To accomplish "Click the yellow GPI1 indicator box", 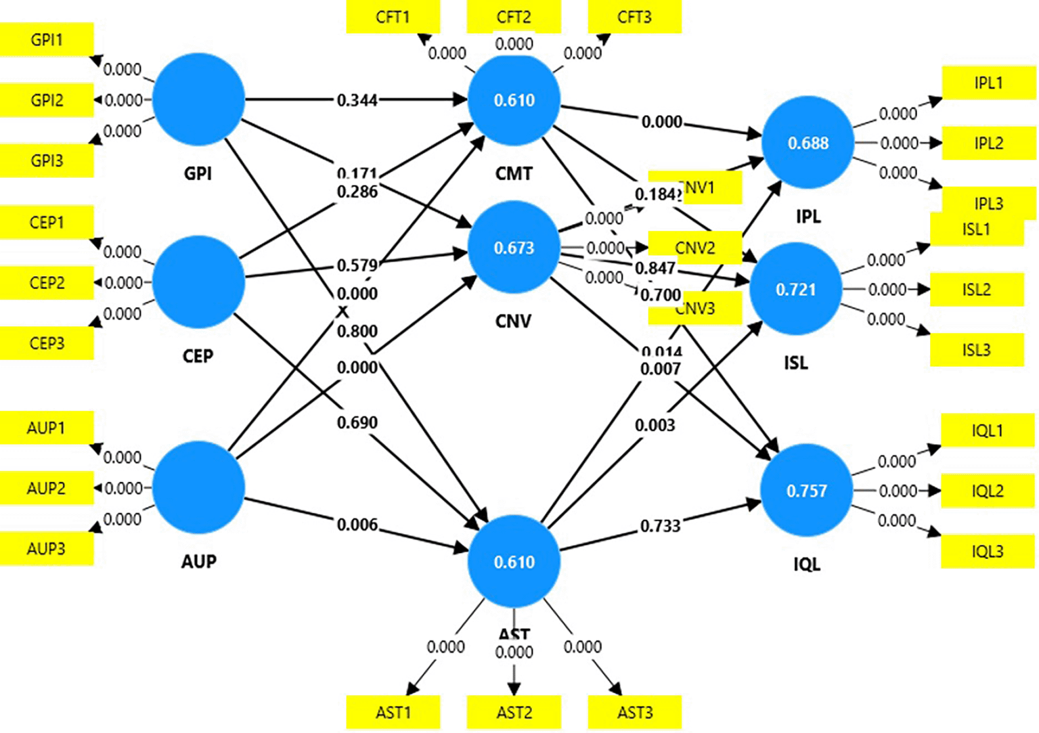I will (x=46, y=40).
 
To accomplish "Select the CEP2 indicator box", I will (x=46, y=282).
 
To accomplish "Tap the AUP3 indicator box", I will (x=46, y=548).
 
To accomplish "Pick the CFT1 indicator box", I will (x=393, y=17).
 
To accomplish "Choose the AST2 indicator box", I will (x=514, y=712).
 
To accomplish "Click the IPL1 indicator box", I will (x=988, y=83).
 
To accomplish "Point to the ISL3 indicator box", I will (x=976, y=350).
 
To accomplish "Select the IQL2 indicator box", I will (x=988, y=491).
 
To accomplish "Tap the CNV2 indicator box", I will (x=695, y=248).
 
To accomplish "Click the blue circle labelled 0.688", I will (x=808, y=143).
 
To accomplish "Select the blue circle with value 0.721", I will (x=796, y=290).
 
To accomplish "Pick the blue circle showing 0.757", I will (x=806, y=491).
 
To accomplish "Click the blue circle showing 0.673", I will (x=514, y=248).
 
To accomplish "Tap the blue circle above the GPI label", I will (x=198, y=100).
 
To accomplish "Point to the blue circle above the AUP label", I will (x=198, y=487).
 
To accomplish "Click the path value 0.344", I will (x=357, y=101).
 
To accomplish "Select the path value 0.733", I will (x=660, y=526).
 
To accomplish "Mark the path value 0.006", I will (x=357, y=525).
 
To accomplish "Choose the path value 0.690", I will (x=357, y=423).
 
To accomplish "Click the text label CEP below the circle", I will (x=198, y=356).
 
